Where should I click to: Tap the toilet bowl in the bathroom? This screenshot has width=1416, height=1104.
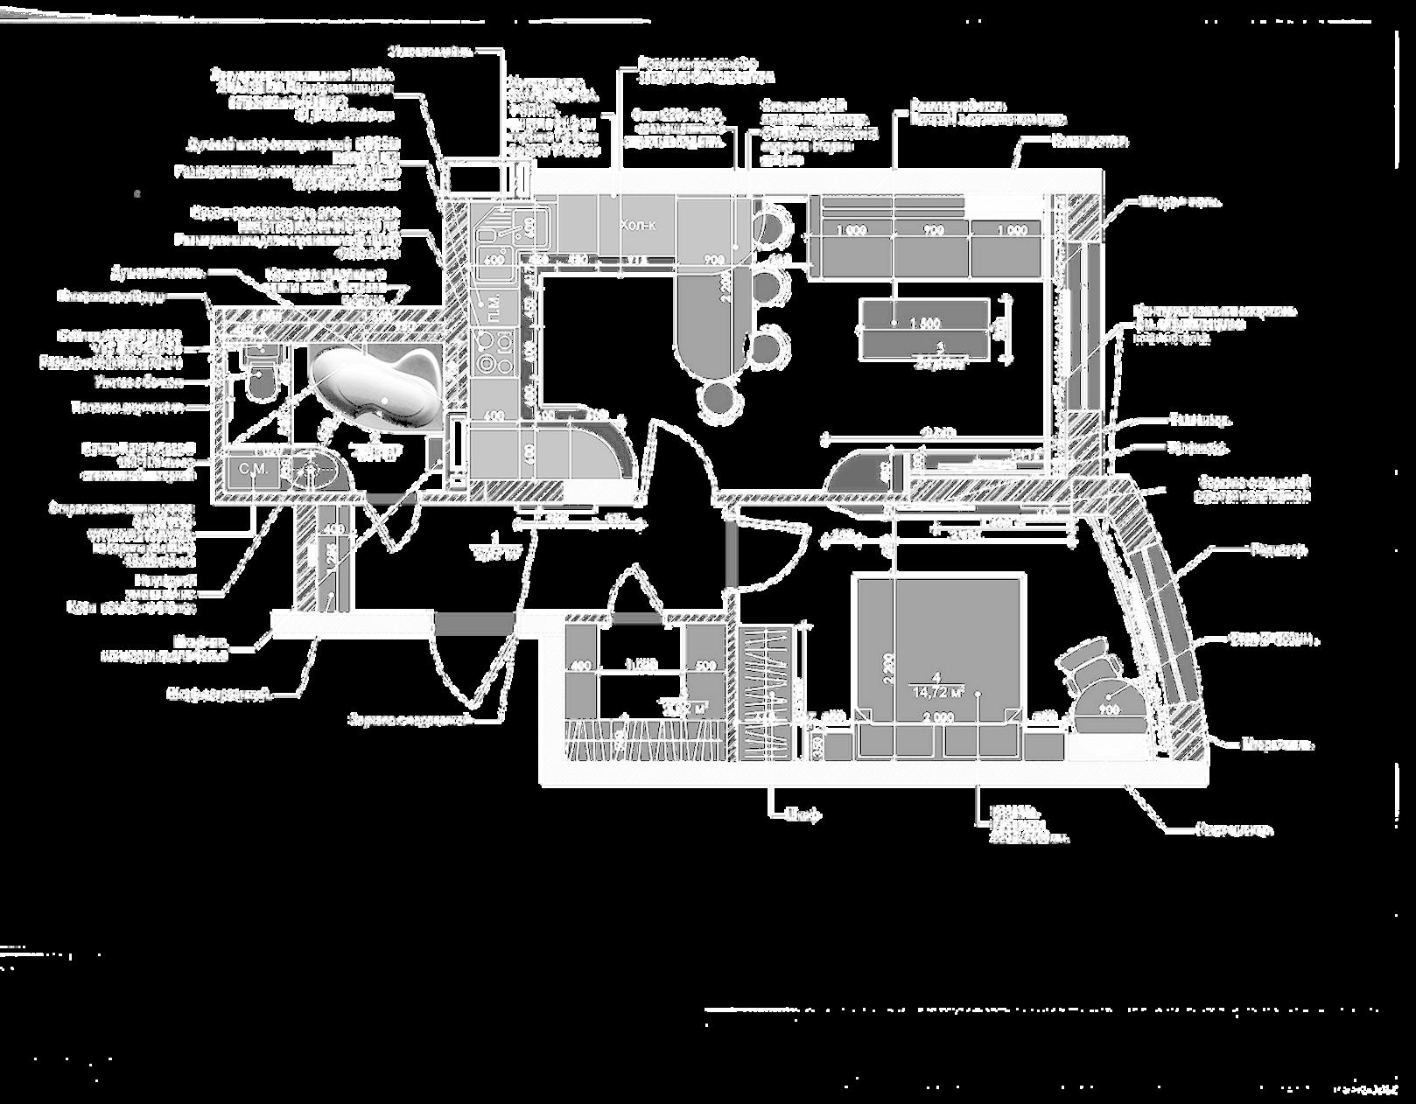coord(259,376)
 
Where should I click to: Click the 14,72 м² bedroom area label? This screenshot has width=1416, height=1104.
coord(936,691)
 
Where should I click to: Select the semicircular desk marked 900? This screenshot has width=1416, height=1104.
coord(1110,710)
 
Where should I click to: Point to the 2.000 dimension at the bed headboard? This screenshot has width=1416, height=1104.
coord(937,717)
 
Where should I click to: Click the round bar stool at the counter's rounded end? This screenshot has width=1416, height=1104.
coord(719,400)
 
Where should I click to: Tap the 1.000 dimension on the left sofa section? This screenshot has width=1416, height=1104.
coord(852,230)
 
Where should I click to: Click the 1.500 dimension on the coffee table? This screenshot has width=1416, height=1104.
coord(924,324)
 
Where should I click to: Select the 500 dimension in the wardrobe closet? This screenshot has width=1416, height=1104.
coord(705,665)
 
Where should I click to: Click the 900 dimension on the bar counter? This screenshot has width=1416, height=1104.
coord(713,259)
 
